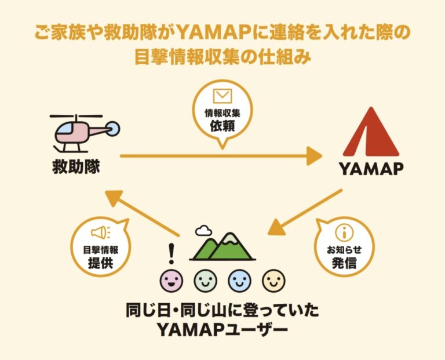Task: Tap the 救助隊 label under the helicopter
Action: pyautogui.click(x=76, y=166)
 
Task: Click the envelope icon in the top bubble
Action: pyautogui.click(x=222, y=96)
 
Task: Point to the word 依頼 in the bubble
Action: pyautogui.click(x=222, y=125)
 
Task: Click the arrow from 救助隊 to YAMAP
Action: pyautogui.click(x=220, y=156)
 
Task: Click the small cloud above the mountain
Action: pyautogui.click(x=203, y=231)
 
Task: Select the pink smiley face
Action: pyautogui.click(x=171, y=281)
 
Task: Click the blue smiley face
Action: pyautogui.click(x=239, y=281)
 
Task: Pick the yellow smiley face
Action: pyautogui.click(x=273, y=281)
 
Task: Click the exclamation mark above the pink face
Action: pyautogui.click(x=171, y=253)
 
